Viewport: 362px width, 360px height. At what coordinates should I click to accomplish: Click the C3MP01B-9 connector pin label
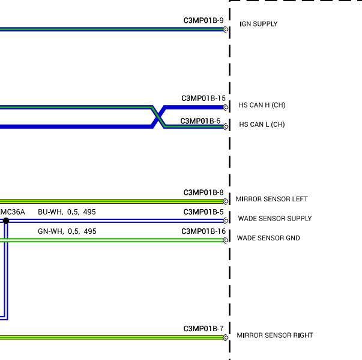[204, 20]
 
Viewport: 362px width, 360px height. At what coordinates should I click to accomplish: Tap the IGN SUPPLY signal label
[259, 24]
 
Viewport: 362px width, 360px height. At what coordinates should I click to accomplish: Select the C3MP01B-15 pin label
[204, 99]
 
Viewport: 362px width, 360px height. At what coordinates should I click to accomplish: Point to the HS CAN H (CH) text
[262, 105]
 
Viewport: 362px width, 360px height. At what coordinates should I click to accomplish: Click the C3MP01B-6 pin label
[201, 121]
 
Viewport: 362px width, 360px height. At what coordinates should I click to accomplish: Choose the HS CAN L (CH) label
[262, 124]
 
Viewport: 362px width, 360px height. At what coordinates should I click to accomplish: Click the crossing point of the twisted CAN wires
[158, 117]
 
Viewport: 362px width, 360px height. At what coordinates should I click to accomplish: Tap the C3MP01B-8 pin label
[204, 192]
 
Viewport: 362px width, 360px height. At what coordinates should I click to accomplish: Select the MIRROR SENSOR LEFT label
[271, 199]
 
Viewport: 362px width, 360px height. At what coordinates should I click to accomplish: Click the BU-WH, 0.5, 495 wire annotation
[67, 212]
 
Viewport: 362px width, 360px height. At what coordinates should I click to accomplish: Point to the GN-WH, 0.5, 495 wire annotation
[67, 231]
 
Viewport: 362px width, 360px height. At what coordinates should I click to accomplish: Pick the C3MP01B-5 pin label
[204, 212]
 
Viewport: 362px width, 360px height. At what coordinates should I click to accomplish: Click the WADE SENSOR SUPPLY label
[275, 219]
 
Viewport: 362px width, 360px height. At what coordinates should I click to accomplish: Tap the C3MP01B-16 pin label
[204, 231]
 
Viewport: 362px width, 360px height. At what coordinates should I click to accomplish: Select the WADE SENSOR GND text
[268, 238]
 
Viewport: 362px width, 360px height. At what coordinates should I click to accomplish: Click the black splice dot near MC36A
[6, 221]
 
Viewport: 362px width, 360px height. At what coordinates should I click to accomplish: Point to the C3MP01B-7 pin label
[204, 329]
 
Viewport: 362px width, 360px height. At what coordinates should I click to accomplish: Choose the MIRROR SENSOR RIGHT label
[275, 335]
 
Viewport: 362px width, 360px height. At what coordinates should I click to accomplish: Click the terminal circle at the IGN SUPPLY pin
[226, 29]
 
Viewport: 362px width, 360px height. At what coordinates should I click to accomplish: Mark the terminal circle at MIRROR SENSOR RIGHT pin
[226, 338]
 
